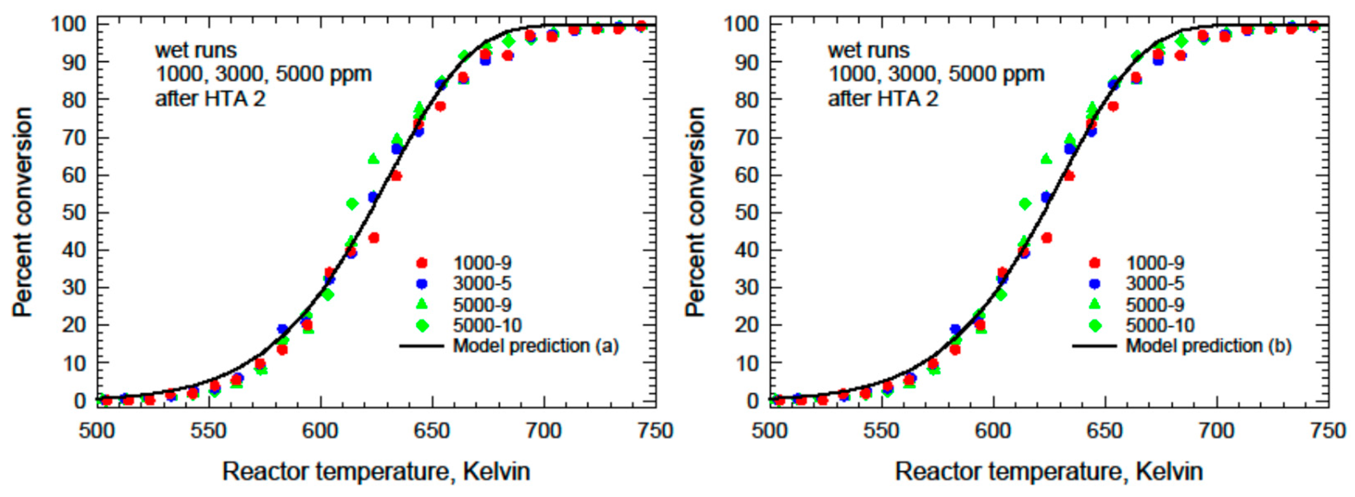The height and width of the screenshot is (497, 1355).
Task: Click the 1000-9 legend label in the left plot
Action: click(x=482, y=263)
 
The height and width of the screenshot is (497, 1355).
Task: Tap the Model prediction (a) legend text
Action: click(x=535, y=346)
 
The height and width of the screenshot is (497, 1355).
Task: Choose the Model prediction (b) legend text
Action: click(x=1208, y=346)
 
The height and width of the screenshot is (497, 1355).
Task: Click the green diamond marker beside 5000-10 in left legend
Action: click(x=422, y=325)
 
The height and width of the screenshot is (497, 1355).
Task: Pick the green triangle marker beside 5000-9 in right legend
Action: click(x=1095, y=304)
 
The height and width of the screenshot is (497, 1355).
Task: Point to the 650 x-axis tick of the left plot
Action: click(x=432, y=431)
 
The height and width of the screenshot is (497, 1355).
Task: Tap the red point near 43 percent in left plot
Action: click(x=374, y=238)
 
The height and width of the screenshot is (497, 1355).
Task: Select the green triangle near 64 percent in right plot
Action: click(x=1046, y=158)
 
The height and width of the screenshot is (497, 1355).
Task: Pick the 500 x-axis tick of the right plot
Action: click(x=770, y=431)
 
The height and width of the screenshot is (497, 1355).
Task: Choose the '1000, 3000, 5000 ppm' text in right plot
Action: click(x=936, y=74)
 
